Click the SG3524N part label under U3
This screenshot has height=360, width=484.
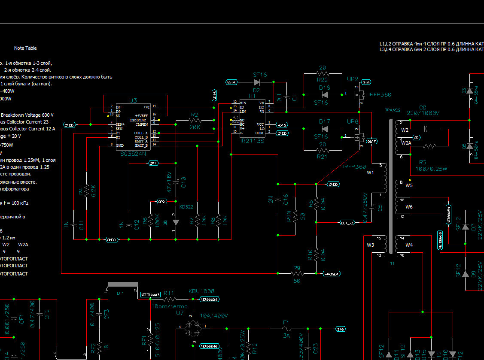pyautogui.click(x=134, y=153)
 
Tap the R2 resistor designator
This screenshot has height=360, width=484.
pyautogui.click(x=195, y=115)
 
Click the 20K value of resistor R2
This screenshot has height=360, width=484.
pyautogui.click(x=195, y=127)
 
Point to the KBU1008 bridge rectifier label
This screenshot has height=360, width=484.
pyautogui.click(x=201, y=291)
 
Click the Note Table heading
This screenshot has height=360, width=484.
pyautogui.click(x=25, y=48)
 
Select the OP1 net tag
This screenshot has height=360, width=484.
pyautogui.click(x=153, y=163)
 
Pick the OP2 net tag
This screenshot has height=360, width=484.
pyautogui.click(x=162, y=201)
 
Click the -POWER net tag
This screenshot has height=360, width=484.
pyautogui.click(x=331, y=273)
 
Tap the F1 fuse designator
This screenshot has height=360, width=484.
pyautogui.click(x=286, y=322)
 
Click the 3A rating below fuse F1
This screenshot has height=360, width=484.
pyautogui.click(x=286, y=336)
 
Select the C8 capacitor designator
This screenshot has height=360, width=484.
pyautogui.click(x=423, y=107)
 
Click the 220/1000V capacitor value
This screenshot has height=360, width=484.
pyautogui.click(x=423, y=113)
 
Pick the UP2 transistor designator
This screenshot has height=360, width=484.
pyautogui.click(x=353, y=79)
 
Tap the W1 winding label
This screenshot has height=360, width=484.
pyautogui.click(x=370, y=173)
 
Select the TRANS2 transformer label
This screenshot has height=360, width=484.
pyautogui.click(x=393, y=110)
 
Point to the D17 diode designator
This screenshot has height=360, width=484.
pyautogui.click(x=325, y=121)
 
